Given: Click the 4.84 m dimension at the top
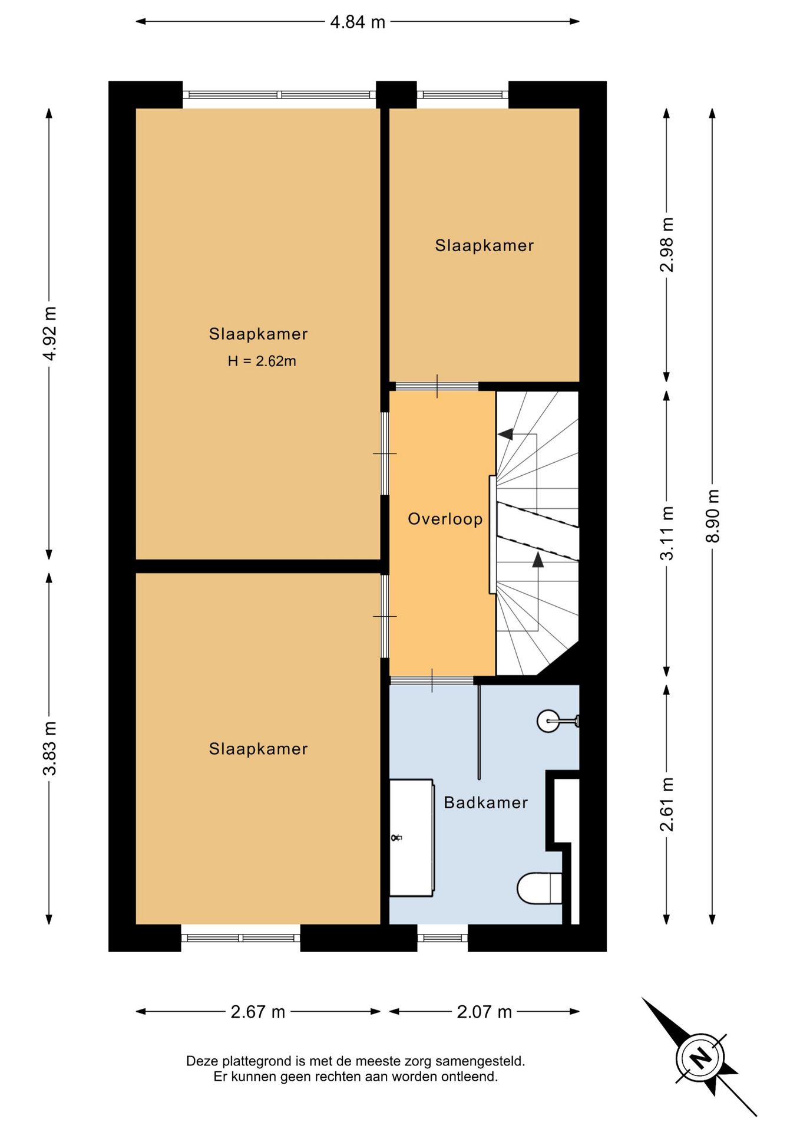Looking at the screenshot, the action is coord(358,22).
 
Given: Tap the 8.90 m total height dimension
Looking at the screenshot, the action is coord(713,516).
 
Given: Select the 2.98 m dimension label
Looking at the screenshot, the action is coord(666,244).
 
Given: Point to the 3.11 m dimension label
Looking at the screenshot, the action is coord(666,534).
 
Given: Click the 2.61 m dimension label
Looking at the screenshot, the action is coord(666,804).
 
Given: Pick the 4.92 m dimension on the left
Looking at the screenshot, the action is coord(49,334).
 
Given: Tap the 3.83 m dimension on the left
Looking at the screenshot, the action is coord(49,748).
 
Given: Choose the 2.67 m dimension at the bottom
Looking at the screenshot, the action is coord(258,1012).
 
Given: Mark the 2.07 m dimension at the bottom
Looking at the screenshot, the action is coord(484,1012).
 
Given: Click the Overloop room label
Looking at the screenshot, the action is coord(445,519).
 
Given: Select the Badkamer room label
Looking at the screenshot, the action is coord(486,802).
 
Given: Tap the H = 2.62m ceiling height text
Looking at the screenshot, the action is coord(262,361).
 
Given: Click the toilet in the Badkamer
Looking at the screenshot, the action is coord(539,888).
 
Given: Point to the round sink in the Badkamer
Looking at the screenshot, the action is coord(548,720).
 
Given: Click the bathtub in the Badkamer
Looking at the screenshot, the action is coord(412,837).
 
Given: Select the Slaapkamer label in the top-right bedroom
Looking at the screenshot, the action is coord(484,245).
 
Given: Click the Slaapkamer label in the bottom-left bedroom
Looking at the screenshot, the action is coord(258,749).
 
